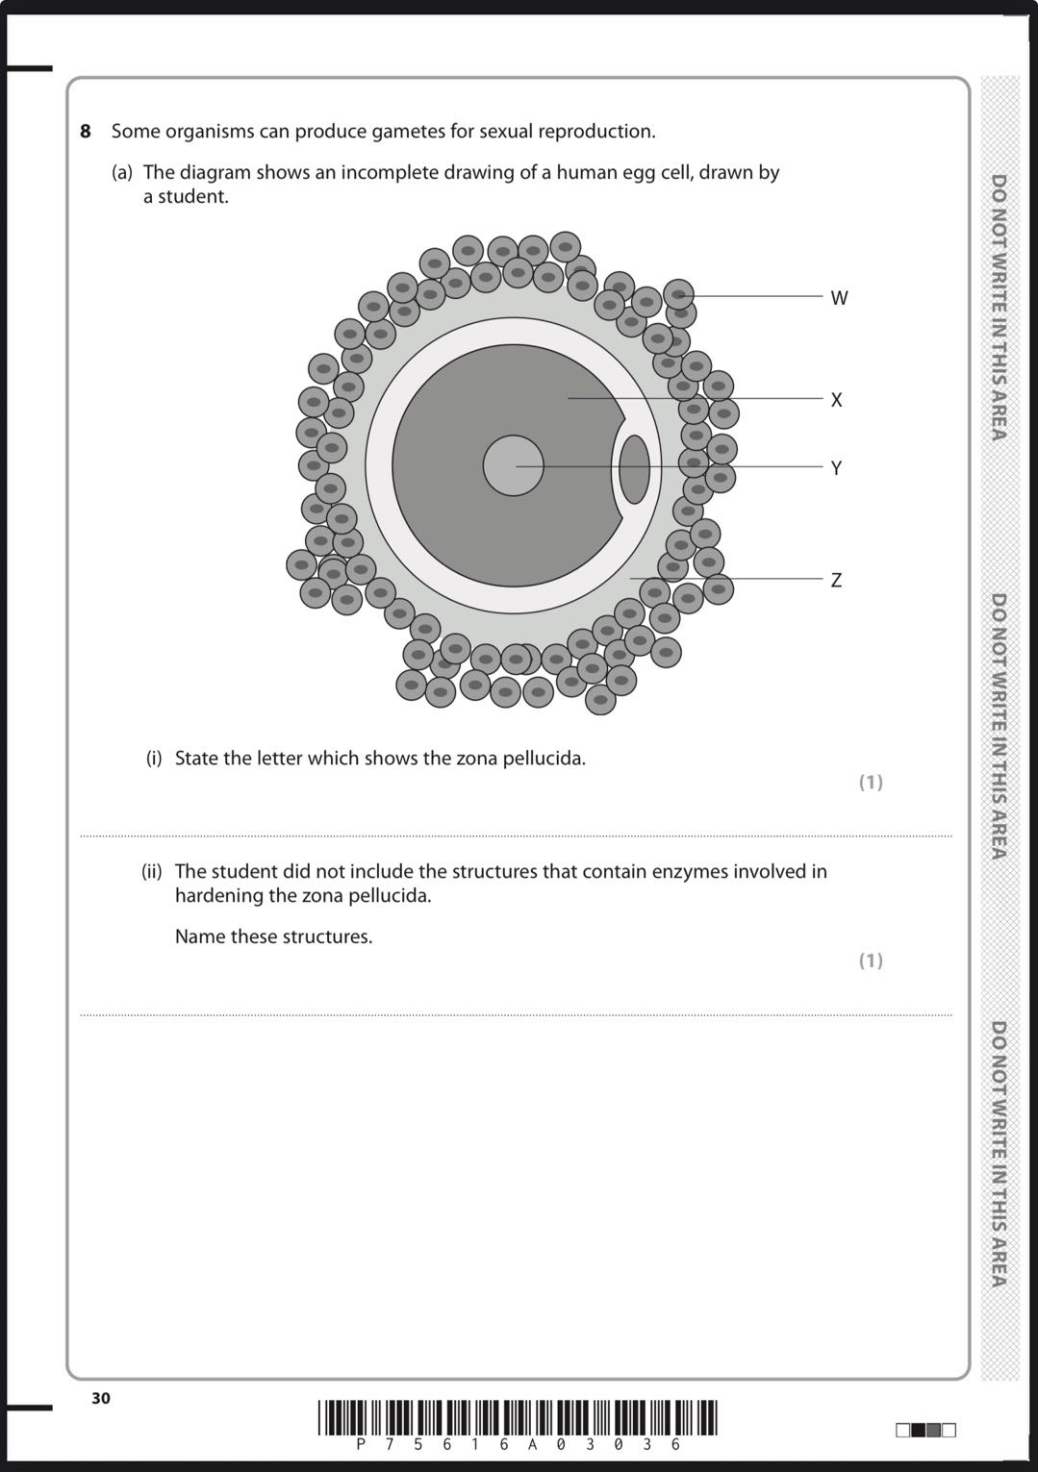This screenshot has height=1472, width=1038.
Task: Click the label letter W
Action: tap(839, 298)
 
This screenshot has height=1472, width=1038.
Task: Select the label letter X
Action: tap(836, 400)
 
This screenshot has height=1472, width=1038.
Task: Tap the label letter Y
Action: tap(836, 468)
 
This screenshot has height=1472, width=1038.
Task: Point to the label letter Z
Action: tap(836, 580)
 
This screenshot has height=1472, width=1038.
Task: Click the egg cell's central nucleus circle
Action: tap(513, 465)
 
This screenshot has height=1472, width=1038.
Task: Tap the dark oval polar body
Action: tap(633, 469)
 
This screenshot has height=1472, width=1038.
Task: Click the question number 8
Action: tap(86, 131)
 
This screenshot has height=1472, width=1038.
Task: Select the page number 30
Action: tap(101, 1398)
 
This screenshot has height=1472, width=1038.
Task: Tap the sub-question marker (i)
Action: tap(154, 758)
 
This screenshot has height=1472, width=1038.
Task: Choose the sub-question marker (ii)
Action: tap(152, 871)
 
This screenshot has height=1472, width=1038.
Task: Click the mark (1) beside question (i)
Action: tap(870, 782)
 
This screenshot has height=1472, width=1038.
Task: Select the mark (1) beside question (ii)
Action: tap(870, 961)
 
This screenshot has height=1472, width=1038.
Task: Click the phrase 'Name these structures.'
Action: tap(273, 936)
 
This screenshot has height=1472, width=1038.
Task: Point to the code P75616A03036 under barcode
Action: tap(518, 1444)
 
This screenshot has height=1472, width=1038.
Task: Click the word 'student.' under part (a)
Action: tap(187, 197)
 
